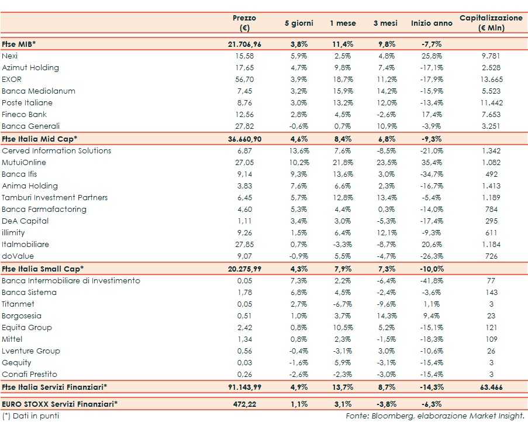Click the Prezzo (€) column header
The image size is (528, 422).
244,23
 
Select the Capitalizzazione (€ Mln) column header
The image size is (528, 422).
491,23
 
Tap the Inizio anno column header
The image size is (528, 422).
432,23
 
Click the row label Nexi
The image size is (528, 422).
10,56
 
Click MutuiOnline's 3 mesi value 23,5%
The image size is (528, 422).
385,162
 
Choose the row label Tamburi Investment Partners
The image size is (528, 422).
55,197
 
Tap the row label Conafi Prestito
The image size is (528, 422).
29,374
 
